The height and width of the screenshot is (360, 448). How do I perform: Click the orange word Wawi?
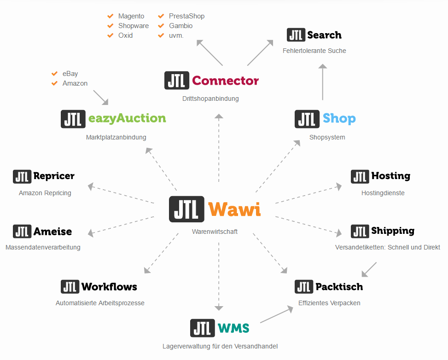coord(234,209)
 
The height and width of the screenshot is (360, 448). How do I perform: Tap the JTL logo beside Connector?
coord(176,80)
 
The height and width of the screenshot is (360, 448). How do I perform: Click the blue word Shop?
coord(339,119)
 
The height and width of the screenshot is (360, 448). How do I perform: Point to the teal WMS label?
coord(233,328)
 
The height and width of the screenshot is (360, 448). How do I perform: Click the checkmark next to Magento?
coord(111,16)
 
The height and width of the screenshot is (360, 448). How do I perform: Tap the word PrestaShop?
coord(186,16)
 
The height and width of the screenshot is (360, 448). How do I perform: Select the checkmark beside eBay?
coord(55,74)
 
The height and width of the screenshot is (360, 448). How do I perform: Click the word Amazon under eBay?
coord(75,83)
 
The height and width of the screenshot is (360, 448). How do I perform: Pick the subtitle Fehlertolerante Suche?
coord(314,51)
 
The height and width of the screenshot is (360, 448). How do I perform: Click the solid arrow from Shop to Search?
coord(323,82)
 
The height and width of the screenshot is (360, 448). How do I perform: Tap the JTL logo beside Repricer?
coord(22,177)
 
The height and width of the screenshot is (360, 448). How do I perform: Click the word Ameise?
coord(52,232)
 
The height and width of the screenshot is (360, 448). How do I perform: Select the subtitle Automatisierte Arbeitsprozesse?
coord(100,303)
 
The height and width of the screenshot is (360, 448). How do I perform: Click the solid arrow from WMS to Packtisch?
coord(277,314)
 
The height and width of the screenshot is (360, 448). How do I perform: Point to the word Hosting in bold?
coord(390,176)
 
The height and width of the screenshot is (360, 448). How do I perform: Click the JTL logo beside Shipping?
coord(360,232)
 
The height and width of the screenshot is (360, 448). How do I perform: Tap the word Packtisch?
coord(339,286)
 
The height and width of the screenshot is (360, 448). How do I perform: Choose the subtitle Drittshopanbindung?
coord(210,99)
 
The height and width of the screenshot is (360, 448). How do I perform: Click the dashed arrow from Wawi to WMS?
coord(219,276)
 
